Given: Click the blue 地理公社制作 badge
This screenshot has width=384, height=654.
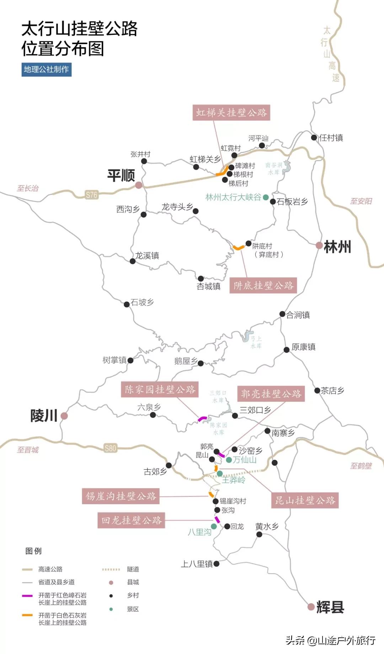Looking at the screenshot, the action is pos(46,69).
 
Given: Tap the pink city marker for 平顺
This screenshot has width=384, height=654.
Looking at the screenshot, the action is pos(139,185).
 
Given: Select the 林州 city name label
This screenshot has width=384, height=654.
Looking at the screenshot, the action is pos(337,247).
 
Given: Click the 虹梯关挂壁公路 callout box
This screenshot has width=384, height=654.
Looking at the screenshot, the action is pos(231,113).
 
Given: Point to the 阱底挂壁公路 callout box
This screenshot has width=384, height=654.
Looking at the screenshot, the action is pos(263,285).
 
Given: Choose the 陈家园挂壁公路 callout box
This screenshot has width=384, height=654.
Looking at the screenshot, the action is pos(160,389).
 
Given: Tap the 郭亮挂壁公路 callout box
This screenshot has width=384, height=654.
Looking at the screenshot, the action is pos(271,394).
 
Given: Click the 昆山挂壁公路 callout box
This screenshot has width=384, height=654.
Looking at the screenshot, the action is pos(305,500).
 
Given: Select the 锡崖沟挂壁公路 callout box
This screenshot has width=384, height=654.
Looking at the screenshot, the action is pos(121,496).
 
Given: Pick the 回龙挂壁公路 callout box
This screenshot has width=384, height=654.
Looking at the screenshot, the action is pos(131,520).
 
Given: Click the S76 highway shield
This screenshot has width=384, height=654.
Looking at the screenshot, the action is pos(91,195).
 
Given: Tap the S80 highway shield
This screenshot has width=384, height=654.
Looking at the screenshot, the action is pos(110,448).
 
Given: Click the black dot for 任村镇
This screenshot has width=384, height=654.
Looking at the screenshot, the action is pos(314,137).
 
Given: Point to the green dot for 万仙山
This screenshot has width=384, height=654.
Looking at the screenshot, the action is pos(229,460).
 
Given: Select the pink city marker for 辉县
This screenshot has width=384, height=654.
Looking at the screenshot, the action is pos(311,607).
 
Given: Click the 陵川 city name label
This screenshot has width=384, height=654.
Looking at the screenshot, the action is pos(44,416).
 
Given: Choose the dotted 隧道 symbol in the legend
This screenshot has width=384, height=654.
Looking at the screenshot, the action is pos(111,569).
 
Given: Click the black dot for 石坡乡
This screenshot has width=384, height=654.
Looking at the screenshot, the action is pos(127,304).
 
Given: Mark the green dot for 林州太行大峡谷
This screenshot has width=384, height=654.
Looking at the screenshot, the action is pos(266,197).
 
